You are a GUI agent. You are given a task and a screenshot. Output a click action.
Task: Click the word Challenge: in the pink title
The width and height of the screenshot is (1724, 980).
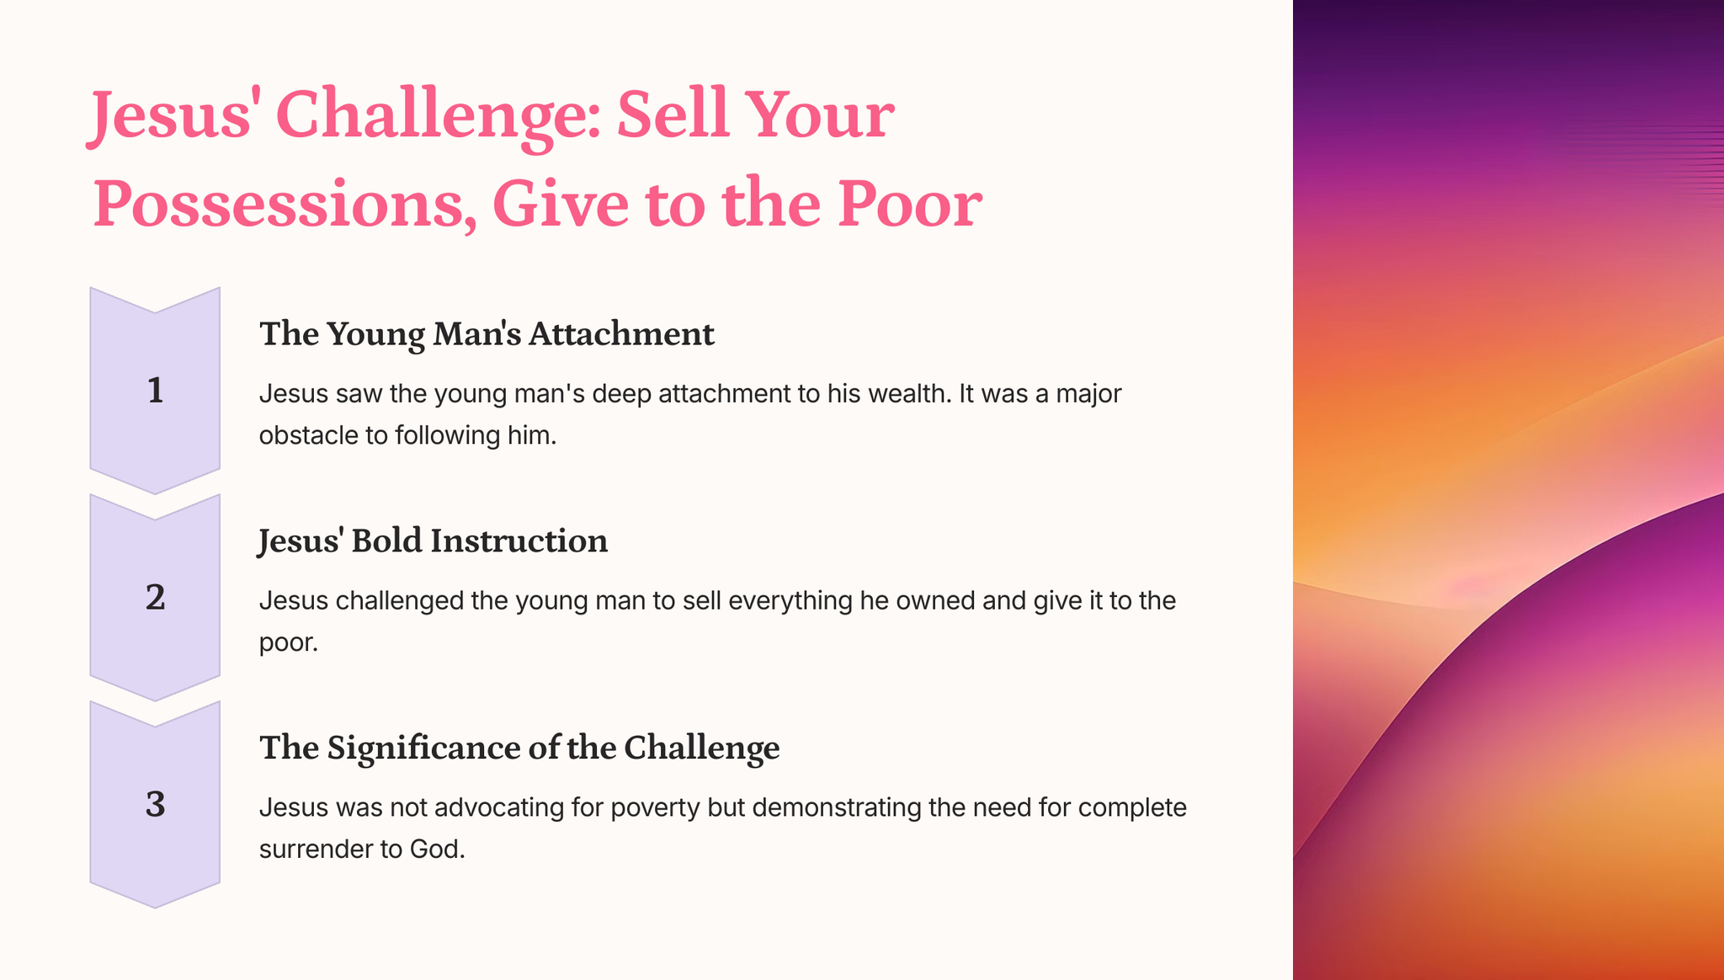(x=438, y=116)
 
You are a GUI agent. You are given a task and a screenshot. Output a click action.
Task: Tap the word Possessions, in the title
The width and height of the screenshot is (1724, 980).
(x=285, y=205)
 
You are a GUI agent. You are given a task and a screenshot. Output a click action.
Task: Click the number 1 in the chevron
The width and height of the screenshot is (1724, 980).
(x=155, y=391)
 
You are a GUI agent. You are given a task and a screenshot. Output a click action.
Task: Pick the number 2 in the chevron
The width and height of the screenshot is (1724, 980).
(x=155, y=597)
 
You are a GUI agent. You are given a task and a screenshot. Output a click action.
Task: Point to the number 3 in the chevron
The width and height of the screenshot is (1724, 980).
(x=155, y=804)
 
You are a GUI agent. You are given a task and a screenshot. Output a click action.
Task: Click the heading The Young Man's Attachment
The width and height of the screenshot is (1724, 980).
(x=487, y=333)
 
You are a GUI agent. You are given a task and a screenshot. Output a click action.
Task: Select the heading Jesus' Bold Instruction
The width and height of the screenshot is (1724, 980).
(x=433, y=541)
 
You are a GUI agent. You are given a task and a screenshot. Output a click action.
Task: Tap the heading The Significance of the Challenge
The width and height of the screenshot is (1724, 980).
(x=519, y=748)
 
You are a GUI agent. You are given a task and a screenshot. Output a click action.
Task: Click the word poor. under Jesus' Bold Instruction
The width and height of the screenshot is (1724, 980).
(x=289, y=644)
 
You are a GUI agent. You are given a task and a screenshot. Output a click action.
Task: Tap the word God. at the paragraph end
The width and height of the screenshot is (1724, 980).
(x=438, y=849)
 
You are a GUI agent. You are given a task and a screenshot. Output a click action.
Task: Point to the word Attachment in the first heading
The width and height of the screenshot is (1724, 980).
(x=621, y=333)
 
